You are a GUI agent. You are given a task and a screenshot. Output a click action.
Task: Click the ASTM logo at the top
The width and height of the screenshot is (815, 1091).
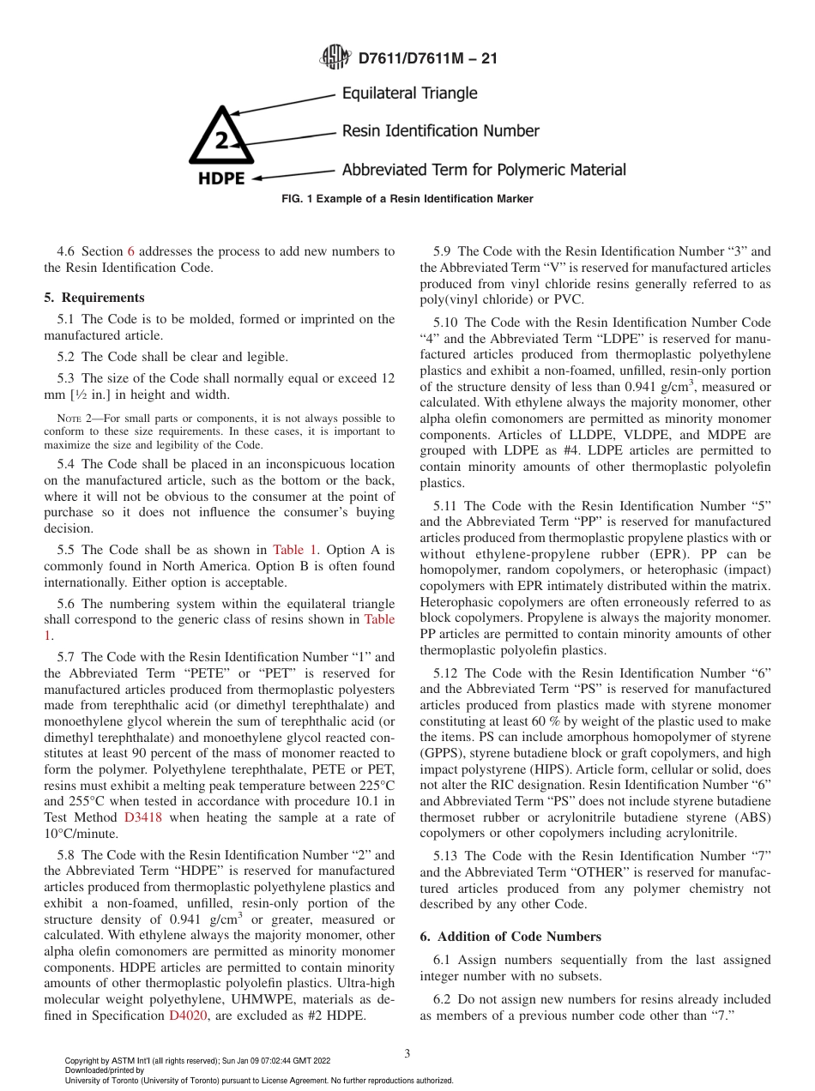pos(335,58)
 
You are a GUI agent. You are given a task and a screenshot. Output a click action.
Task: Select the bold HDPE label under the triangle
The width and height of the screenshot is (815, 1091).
pos(222,178)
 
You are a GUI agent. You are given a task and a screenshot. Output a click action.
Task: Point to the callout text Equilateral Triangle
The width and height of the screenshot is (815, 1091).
pos(409,93)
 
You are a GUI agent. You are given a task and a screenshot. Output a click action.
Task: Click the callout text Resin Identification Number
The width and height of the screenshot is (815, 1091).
pos(440,131)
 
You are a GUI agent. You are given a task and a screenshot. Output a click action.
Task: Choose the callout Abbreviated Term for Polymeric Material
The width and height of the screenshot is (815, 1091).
pos(484,170)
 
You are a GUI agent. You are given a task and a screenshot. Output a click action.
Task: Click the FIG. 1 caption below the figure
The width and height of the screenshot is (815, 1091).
pos(407,199)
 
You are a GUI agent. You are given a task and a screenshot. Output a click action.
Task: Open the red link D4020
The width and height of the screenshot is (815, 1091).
pos(186,1016)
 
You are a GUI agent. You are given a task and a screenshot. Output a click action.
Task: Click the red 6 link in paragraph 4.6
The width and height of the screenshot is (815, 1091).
pos(131,251)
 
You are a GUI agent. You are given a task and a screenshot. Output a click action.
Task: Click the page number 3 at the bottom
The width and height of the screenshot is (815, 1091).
pos(407,1054)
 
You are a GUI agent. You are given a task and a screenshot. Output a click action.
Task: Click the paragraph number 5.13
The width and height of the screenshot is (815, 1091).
pos(447,856)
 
